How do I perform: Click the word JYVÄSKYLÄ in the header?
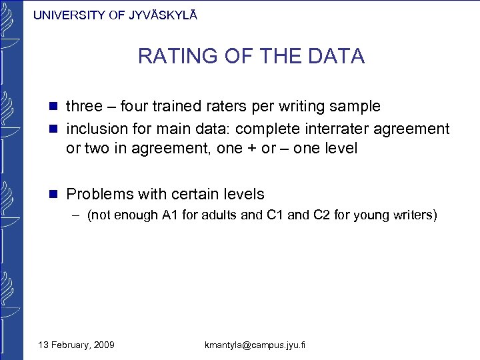pos(161,15)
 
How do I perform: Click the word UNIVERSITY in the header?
pos(69,15)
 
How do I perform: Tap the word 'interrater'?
pos(343,128)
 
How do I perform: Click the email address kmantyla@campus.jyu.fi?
pos(256,345)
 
